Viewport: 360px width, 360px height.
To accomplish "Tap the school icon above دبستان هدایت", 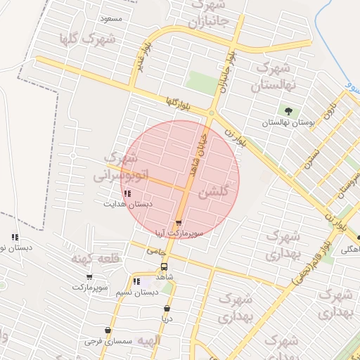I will [127, 193].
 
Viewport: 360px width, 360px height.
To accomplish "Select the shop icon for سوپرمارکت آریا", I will [178, 223].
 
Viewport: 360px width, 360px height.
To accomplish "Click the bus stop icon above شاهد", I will [164, 267].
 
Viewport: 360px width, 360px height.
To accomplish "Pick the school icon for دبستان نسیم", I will [136, 282].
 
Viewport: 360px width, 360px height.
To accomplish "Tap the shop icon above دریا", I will [167, 308].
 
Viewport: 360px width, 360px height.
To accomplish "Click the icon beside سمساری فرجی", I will [108, 330].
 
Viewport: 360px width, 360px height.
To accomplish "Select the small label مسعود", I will [111, 18].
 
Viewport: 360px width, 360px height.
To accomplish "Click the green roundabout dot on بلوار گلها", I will [211, 112].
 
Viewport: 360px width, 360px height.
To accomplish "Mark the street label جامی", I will [155, 249].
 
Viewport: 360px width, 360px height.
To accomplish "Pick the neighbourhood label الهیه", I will [148, 341].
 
